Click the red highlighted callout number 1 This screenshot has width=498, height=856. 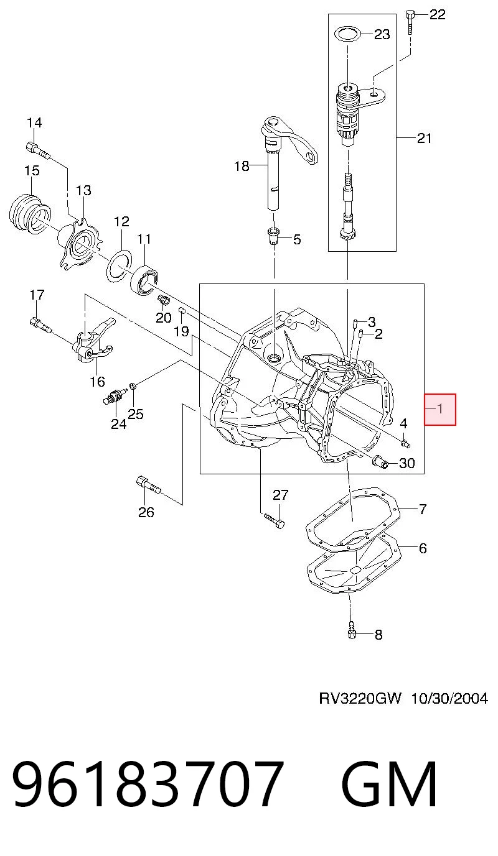(x=440, y=409)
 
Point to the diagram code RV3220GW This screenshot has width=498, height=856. (x=360, y=699)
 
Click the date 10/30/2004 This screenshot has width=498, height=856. (x=449, y=699)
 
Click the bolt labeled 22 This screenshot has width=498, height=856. (x=410, y=22)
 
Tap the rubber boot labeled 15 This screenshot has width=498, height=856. (x=29, y=213)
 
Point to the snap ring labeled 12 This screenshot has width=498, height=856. (x=120, y=266)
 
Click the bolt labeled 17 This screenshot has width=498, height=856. (x=40, y=325)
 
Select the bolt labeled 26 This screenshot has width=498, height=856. (x=149, y=485)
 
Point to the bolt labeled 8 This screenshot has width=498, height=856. (x=352, y=629)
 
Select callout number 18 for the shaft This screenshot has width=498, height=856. (x=242, y=166)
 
